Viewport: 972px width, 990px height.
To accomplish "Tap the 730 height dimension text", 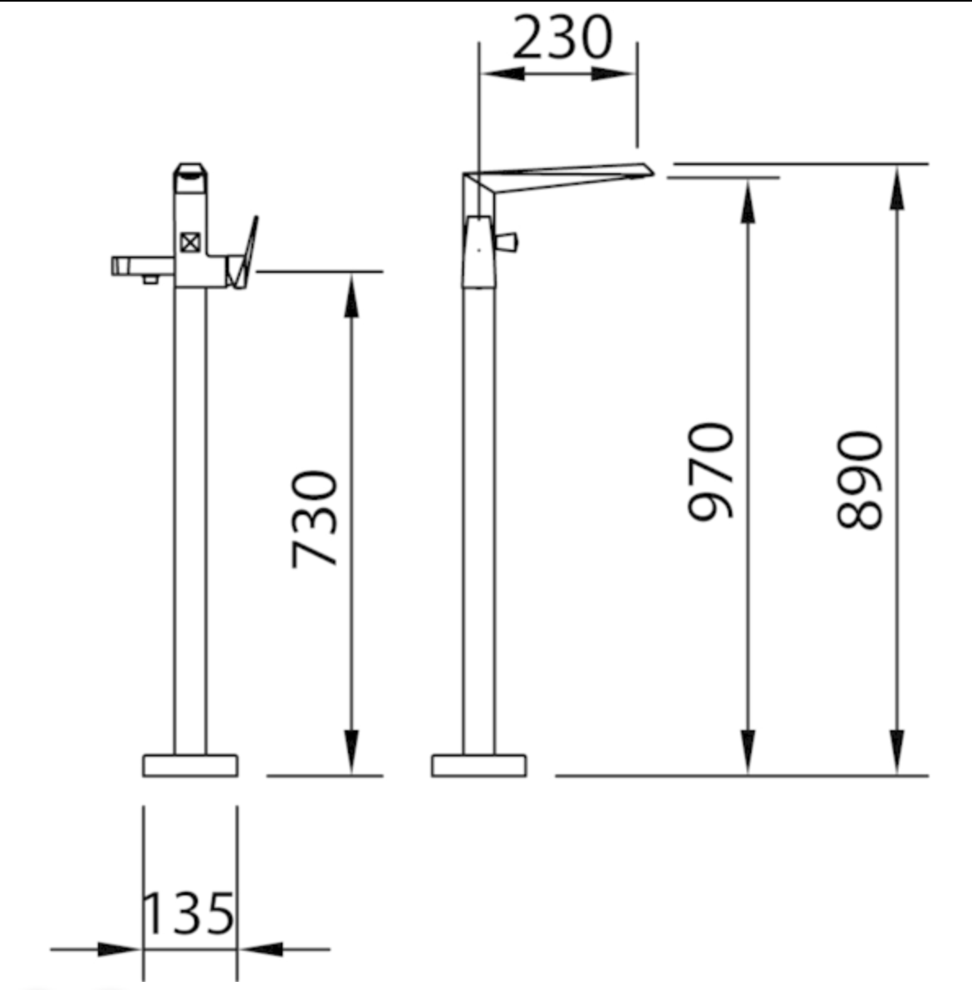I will coord(314,518).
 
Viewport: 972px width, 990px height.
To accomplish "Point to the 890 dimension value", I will coord(861,480).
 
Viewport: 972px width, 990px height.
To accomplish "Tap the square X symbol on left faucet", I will coord(190,242).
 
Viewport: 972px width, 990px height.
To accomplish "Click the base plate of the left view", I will coord(190,765).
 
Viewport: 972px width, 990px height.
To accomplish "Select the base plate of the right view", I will coord(479,765).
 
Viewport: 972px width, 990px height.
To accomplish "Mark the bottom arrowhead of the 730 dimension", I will coord(351,751).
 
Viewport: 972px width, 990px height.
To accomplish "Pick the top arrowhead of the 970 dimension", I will coord(747,199).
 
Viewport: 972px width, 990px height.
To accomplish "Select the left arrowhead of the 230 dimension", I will coord(500,74).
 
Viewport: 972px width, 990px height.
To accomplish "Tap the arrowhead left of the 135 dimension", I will coord(118,949).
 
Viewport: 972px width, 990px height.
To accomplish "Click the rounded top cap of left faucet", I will coord(190,170).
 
